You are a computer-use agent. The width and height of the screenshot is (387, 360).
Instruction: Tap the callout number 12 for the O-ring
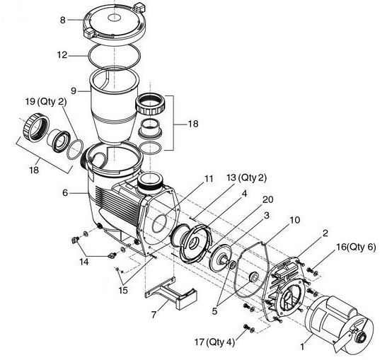click(62, 53)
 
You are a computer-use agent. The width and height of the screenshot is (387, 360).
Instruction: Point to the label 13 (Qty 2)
click(246, 177)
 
